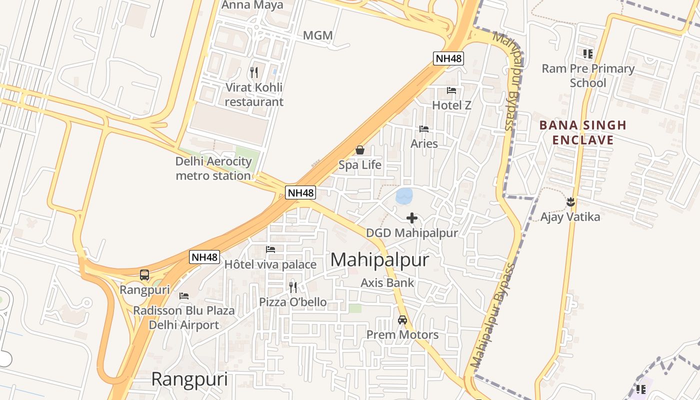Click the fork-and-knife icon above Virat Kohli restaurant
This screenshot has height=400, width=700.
(254, 72)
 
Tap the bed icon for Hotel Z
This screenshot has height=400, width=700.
(451, 90)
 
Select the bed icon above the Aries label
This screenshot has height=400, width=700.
(424, 129)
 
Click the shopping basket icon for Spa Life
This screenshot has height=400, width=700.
(359, 150)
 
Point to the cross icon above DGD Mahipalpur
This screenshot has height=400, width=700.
(412, 218)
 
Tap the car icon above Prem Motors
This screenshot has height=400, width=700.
(402, 319)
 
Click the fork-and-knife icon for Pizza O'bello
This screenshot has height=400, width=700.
(293, 287)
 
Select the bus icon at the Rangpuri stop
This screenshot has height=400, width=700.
(144, 274)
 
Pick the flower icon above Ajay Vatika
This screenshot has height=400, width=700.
(570, 202)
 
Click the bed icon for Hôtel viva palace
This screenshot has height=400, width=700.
(270, 249)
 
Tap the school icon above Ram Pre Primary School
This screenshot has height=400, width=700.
(588, 53)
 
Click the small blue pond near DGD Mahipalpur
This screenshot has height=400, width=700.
(404, 196)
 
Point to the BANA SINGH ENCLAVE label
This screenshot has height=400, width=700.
(583, 132)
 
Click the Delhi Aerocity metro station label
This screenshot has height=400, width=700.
(213, 168)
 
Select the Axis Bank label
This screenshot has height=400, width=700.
(387, 282)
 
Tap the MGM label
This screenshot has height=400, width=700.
(318, 35)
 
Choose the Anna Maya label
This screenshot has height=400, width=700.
(252, 5)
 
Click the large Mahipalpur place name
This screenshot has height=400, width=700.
(380, 260)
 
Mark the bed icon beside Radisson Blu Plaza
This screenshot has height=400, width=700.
(184, 296)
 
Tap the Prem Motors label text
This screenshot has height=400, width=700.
(402, 334)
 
